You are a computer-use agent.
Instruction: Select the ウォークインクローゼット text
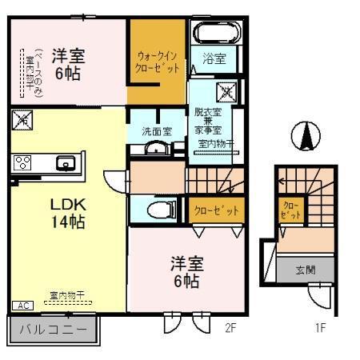(x=158, y=62)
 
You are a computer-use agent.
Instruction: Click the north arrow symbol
(x=305, y=136)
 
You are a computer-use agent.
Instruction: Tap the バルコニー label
(x=53, y=329)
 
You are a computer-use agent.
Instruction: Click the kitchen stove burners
(x=22, y=163)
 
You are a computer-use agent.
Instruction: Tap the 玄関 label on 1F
(x=305, y=270)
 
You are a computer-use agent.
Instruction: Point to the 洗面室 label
(x=156, y=130)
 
